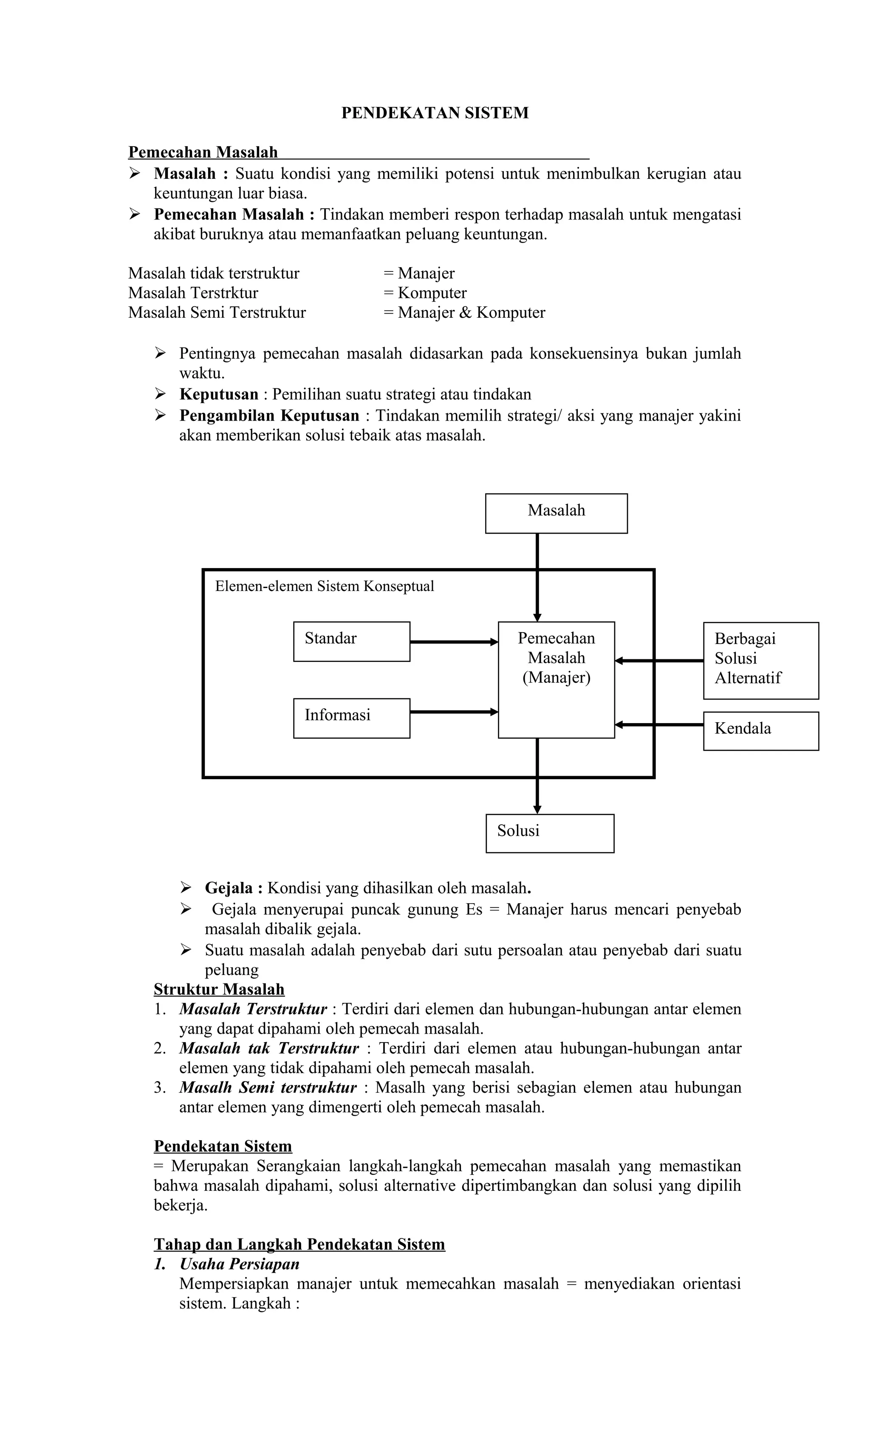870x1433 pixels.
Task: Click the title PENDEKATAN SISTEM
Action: [435, 113]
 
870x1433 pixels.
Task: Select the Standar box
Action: [351, 641]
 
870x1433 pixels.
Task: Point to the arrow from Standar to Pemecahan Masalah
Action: [454, 642]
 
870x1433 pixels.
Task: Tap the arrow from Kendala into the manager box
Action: [659, 725]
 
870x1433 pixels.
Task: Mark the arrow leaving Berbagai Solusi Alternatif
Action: [659, 661]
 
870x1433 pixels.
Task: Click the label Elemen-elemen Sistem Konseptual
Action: [325, 586]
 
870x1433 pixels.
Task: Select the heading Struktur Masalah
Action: [219, 989]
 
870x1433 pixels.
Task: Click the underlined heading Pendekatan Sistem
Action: [223, 1146]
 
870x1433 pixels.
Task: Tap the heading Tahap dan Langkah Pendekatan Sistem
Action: [299, 1244]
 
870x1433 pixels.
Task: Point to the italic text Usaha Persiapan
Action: [240, 1264]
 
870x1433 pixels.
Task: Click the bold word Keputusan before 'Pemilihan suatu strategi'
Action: [219, 394]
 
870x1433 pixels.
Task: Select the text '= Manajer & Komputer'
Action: [464, 312]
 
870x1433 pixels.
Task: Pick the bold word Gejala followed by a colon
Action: [229, 888]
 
